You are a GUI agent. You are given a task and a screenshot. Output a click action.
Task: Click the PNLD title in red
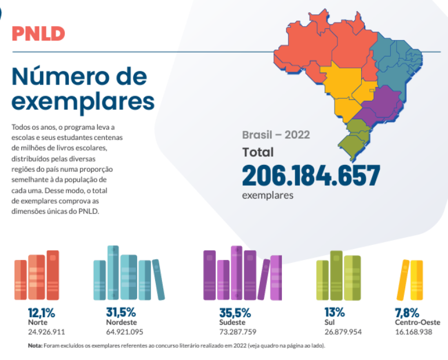(x=38, y=33)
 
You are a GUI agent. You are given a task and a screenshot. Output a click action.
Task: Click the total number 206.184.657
(x=310, y=175)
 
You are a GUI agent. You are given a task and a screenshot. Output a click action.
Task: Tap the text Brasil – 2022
(x=276, y=135)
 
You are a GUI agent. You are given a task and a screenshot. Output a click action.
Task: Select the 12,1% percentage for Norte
(x=42, y=313)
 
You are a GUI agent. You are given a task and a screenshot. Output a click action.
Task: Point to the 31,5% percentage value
(x=121, y=313)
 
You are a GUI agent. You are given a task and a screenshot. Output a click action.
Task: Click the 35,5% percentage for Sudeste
(x=234, y=313)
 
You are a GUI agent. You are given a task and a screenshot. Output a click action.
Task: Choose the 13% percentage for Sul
(x=335, y=313)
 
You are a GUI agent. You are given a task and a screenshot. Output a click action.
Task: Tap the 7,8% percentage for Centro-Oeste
(x=407, y=313)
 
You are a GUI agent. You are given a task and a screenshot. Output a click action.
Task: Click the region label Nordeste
(x=122, y=322)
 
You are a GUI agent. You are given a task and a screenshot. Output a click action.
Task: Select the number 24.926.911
(x=46, y=332)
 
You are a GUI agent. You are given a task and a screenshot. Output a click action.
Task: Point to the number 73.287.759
(x=237, y=332)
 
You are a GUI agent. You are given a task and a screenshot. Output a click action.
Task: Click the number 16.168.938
(x=414, y=332)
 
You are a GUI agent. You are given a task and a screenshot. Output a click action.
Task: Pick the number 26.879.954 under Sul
(x=343, y=332)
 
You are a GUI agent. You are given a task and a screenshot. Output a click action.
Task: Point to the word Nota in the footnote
(x=35, y=346)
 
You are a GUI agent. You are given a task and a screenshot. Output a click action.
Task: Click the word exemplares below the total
(x=267, y=195)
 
